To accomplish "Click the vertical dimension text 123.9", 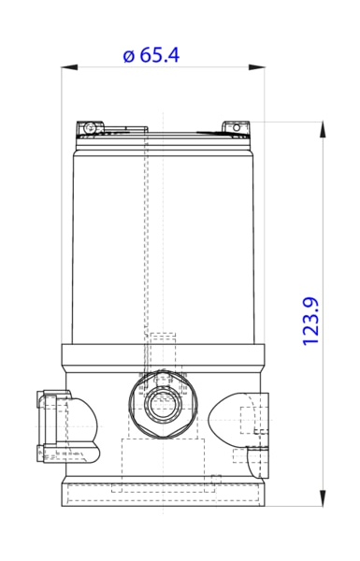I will (312, 321).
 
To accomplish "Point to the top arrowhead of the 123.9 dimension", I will (324, 125).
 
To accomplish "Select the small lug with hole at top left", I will (89, 127).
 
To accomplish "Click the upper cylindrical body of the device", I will (163, 243).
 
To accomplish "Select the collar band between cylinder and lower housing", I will (163, 356).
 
